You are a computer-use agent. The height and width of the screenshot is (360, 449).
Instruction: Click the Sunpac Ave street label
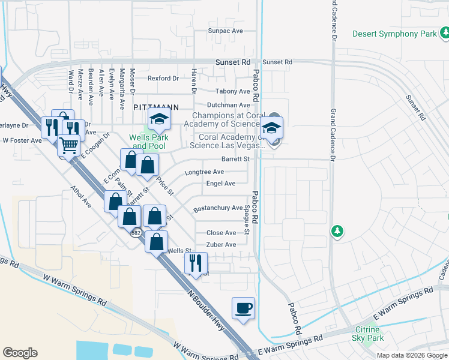(x=224, y=31)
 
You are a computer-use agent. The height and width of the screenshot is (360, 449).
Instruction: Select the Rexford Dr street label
(x=163, y=78)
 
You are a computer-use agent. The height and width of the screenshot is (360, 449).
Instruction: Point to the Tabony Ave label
(x=233, y=91)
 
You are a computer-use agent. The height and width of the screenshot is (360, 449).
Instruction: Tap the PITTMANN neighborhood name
(x=155, y=107)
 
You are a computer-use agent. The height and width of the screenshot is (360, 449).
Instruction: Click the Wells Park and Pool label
(x=149, y=142)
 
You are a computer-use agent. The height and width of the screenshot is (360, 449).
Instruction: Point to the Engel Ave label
(x=220, y=184)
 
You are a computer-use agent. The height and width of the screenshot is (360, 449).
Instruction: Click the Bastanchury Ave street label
(x=217, y=208)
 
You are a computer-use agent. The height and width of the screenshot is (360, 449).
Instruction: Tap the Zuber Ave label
(x=221, y=245)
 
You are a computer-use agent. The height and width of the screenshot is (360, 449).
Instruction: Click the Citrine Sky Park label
(x=367, y=334)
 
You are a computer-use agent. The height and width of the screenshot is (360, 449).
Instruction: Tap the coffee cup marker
(x=243, y=308)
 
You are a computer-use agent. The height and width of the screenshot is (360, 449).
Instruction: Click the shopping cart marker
(x=69, y=145)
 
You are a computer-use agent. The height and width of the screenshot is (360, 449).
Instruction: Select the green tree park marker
(x=337, y=231)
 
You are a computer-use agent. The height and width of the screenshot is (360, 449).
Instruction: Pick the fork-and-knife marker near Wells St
(x=196, y=263)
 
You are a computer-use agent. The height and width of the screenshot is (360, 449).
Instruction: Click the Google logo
(x=20, y=353)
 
